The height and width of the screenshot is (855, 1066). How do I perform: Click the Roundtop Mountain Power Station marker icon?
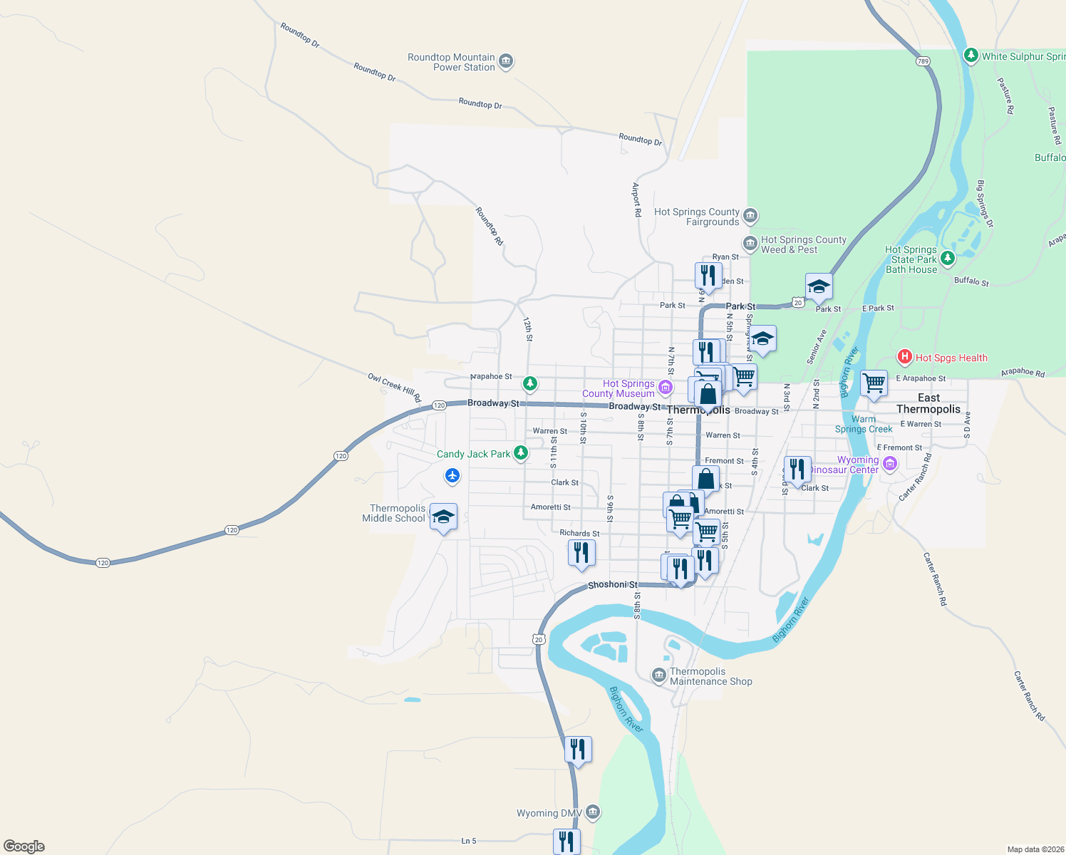coord(506,62)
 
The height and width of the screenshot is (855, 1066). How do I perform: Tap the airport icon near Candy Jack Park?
coord(452,475)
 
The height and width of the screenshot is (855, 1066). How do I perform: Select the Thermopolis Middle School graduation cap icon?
coord(443,517)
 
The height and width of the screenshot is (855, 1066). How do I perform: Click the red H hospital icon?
coord(904,357)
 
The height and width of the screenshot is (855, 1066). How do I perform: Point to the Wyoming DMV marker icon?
coord(593,812)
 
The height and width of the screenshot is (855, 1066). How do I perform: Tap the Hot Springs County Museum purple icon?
coord(665,388)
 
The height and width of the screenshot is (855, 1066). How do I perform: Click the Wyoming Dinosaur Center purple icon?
coord(889,465)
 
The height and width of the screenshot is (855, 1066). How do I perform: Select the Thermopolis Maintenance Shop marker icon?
coord(659,675)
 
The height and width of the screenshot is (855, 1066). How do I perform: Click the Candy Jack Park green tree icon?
coord(521,453)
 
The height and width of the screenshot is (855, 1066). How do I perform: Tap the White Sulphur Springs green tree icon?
coord(971,56)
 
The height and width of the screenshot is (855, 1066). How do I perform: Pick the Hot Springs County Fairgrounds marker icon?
coord(750,216)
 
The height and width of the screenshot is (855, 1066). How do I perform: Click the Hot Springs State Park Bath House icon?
coord(947,259)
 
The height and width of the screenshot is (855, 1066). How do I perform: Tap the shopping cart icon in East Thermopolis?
coord(874,383)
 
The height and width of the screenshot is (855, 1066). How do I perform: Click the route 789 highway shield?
coord(923,61)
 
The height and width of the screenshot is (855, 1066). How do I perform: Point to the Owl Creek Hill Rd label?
coord(395,387)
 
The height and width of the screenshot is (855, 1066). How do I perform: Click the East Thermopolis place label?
coord(928,403)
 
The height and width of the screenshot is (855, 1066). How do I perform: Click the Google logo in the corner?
coord(24,846)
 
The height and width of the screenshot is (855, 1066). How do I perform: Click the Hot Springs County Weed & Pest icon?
coord(750,244)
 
